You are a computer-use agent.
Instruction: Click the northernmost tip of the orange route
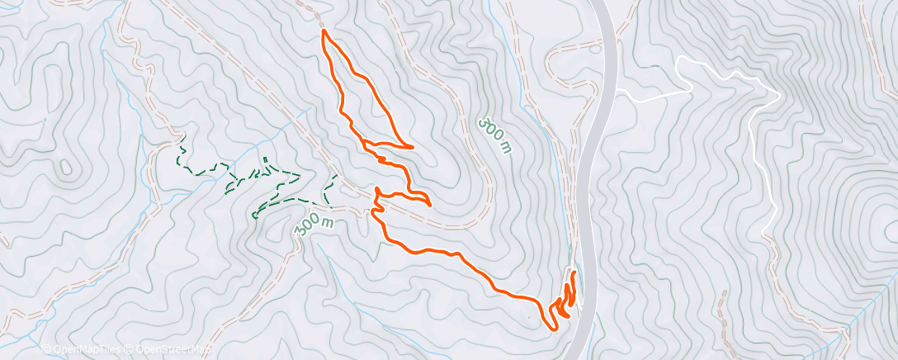point(324,31)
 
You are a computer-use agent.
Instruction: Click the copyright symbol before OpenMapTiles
point(46,349)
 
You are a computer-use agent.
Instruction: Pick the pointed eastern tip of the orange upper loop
point(412,147)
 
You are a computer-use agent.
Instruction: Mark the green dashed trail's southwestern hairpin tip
point(254,216)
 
